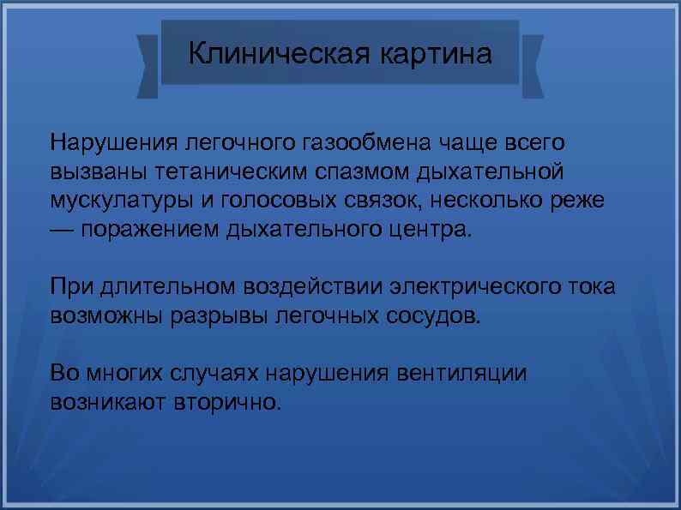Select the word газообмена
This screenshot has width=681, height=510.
[x=368, y=141]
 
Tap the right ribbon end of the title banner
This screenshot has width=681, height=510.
[x=532, y=66]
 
